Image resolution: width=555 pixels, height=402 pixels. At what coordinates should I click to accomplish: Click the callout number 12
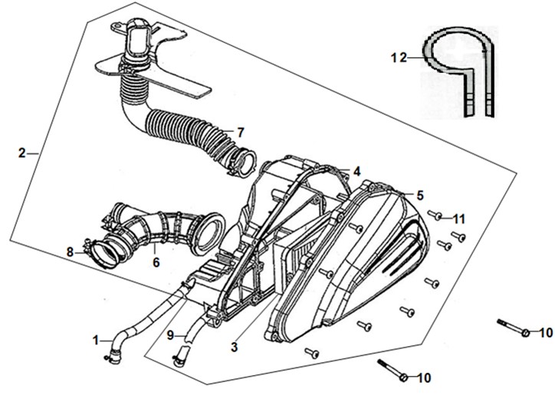point(399,58)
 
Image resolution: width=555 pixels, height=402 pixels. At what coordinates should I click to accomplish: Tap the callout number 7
point(241,133)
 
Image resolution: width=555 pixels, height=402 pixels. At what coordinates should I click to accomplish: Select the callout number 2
point(22,153)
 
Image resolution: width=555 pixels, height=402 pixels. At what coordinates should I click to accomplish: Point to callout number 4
point(356,172)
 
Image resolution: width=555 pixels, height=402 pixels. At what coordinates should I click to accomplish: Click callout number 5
point(420,196)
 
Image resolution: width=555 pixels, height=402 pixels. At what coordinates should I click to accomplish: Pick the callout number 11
point(459,219)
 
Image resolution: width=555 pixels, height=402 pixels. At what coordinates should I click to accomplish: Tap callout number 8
point(70,252)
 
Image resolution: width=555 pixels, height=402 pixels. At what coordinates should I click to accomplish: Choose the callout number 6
point(156,262)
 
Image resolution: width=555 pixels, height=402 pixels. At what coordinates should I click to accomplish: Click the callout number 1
point(96,341)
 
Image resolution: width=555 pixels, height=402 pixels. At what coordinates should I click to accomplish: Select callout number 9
point(170,335)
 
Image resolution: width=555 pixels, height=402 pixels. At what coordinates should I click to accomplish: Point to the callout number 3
point(234,348)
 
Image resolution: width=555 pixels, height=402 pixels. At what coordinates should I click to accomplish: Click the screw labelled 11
point(435,215)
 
